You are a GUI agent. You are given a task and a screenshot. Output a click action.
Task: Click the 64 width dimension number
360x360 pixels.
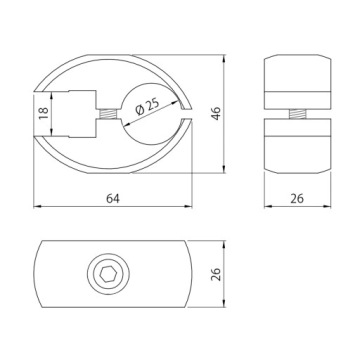113,198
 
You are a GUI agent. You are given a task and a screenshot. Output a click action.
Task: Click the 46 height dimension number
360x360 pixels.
216,113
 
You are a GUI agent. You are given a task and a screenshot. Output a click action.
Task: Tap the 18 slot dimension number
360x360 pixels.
44,113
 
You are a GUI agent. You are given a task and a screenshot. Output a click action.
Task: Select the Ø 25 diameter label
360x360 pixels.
147,106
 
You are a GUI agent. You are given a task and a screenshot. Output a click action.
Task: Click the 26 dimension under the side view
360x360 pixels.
297,198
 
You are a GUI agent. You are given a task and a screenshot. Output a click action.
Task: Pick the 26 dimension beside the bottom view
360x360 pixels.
216,274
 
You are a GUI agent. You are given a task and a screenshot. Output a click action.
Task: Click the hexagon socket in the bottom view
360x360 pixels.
108,274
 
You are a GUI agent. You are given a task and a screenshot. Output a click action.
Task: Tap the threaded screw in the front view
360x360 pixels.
108,113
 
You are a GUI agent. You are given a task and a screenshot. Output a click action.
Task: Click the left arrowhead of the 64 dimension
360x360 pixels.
37,207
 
